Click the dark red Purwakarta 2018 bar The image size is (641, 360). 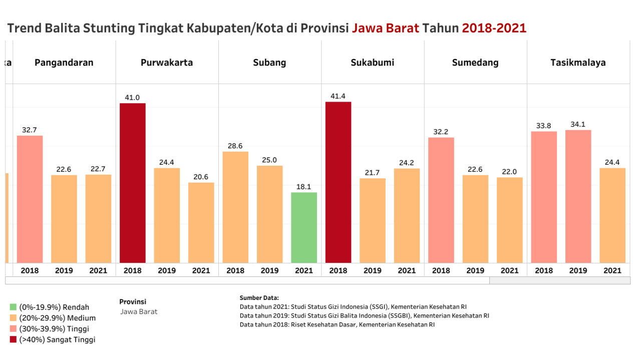pyautogui.click(x=133, y=183)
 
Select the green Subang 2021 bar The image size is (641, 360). pyautogui.click(x=304, y=227)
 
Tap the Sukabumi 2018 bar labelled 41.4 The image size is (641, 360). pyautogui.click(x=338, y=182)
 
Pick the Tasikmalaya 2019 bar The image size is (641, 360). pyautogui.click(x=578, y=196)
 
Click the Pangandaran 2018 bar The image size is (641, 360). pyautogui.click(x=30, y=199)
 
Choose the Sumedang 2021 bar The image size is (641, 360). pyautogui.click(x=509, y=220)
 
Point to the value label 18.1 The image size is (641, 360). pyautogui.click(x=304, y=187)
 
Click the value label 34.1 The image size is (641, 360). pyautogui.click(x=578, y=124)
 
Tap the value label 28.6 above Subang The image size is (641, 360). pyautogui.click(x=235, y=146)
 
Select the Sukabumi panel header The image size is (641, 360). pyautogui.click(x=372, y=63)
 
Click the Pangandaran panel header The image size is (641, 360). pyautogui.click(x=64, y=63)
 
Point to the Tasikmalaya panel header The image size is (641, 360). pyautogui.click(x=578, y=63)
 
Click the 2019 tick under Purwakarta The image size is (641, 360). pyautogui.click(x=167, y=270)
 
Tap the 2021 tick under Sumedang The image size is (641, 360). pyautogui.click(x=509, y=270)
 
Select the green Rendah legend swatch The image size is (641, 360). pyautogui.click(x=13, y=307)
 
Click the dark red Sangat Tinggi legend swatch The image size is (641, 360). pyautogui.click(x=13, y=339)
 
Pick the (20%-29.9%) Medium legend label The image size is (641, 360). pyautogui.click(x=57, y=318)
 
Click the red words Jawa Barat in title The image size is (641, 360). pyautogui.click(x=385, y=28)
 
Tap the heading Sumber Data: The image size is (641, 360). pyautogui.click(x=259, y=297)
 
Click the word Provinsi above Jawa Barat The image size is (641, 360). pyautogui.click(x=133, y=301)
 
